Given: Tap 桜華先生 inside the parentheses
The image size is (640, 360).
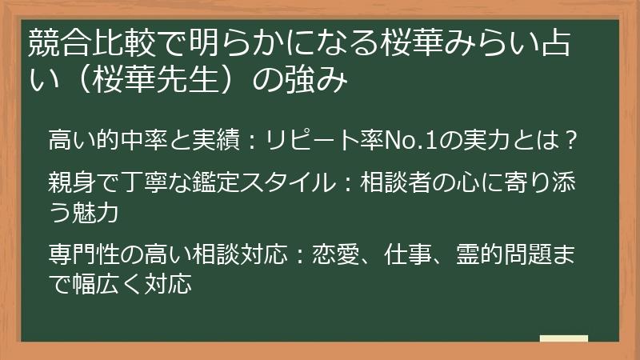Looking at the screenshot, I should click(x=161, y=82).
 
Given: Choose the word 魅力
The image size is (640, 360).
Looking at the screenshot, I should click(x=98, y=213).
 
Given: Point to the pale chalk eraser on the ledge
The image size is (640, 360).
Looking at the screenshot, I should click(x=563, y=340).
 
